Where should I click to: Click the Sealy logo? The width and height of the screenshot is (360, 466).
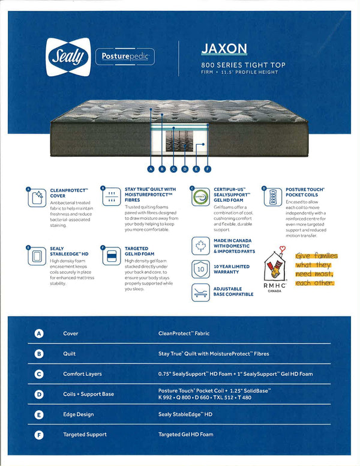point(68,57)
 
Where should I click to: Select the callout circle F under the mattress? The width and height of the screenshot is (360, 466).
point(208,169)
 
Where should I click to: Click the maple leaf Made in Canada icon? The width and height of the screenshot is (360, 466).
point(200,246)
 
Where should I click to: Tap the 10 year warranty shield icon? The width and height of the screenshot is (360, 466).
point(200,269)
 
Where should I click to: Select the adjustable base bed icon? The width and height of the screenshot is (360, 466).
point(200,292)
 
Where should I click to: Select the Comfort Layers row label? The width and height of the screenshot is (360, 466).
point(82,374)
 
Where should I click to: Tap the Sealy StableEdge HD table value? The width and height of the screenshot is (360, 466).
point(185,414)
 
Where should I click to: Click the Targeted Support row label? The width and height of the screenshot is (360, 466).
point(85,434)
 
